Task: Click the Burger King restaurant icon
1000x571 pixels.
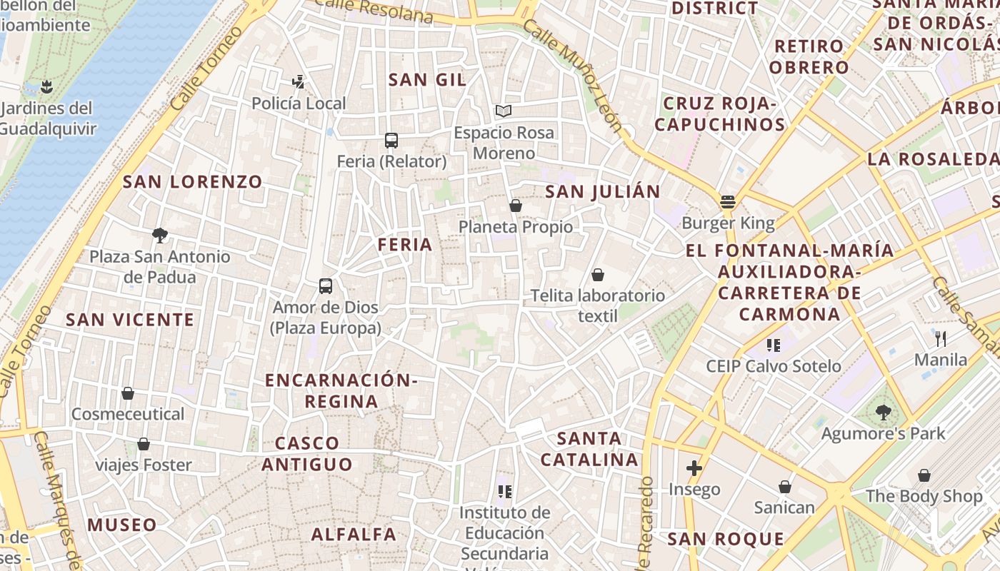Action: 728,202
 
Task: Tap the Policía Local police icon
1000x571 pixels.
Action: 299,82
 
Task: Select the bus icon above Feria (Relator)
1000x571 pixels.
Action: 391,140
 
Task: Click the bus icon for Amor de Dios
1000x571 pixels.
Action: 326,286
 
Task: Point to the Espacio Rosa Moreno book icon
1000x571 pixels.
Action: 504,111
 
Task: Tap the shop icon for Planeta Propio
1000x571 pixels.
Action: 516,206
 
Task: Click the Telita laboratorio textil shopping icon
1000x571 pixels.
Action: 598,275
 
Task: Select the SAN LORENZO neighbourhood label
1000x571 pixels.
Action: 193,182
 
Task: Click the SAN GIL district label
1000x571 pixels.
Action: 427,80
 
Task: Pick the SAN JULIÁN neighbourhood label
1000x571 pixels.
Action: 603,192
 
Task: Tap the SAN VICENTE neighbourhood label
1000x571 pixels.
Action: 130,320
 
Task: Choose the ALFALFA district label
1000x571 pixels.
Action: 354,534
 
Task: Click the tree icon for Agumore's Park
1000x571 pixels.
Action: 884,412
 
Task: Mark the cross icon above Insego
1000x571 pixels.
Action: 694,468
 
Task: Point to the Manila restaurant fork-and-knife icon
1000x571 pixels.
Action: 941,338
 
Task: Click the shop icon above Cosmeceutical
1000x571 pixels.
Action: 128,393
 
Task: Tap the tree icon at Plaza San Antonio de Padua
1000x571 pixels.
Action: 160,235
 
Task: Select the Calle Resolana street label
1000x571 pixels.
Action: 374,9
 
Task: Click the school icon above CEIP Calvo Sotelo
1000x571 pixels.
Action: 773,345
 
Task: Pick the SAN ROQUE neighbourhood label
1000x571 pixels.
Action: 726,539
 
